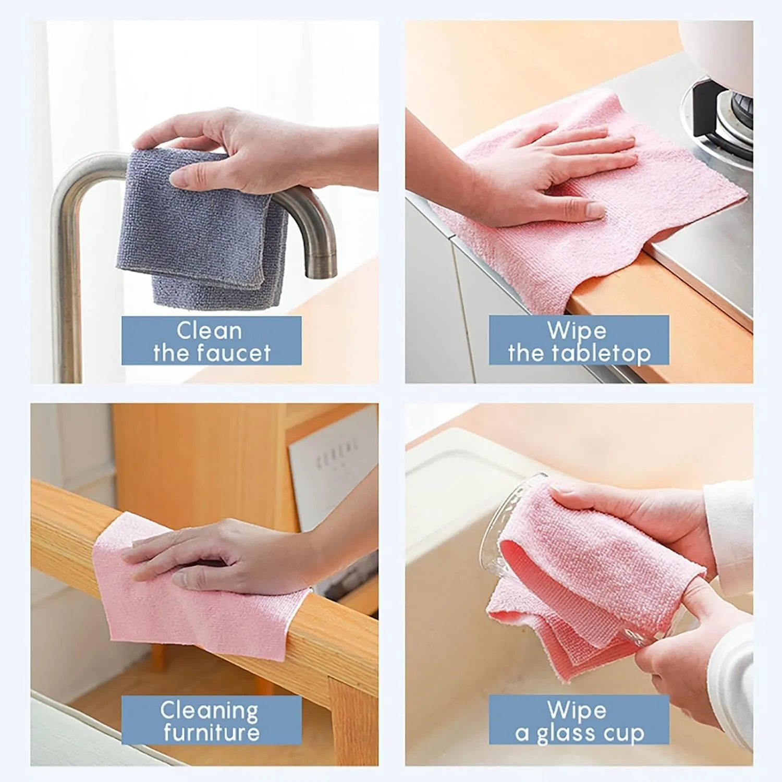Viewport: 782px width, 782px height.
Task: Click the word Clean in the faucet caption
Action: (209, 331)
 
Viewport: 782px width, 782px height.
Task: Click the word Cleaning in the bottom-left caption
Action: (209, 711)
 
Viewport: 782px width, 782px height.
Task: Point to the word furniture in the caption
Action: (212, 732)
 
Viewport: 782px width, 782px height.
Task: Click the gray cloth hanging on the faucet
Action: (202, 229)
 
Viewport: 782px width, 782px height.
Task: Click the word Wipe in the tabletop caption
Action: (577, 331)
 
